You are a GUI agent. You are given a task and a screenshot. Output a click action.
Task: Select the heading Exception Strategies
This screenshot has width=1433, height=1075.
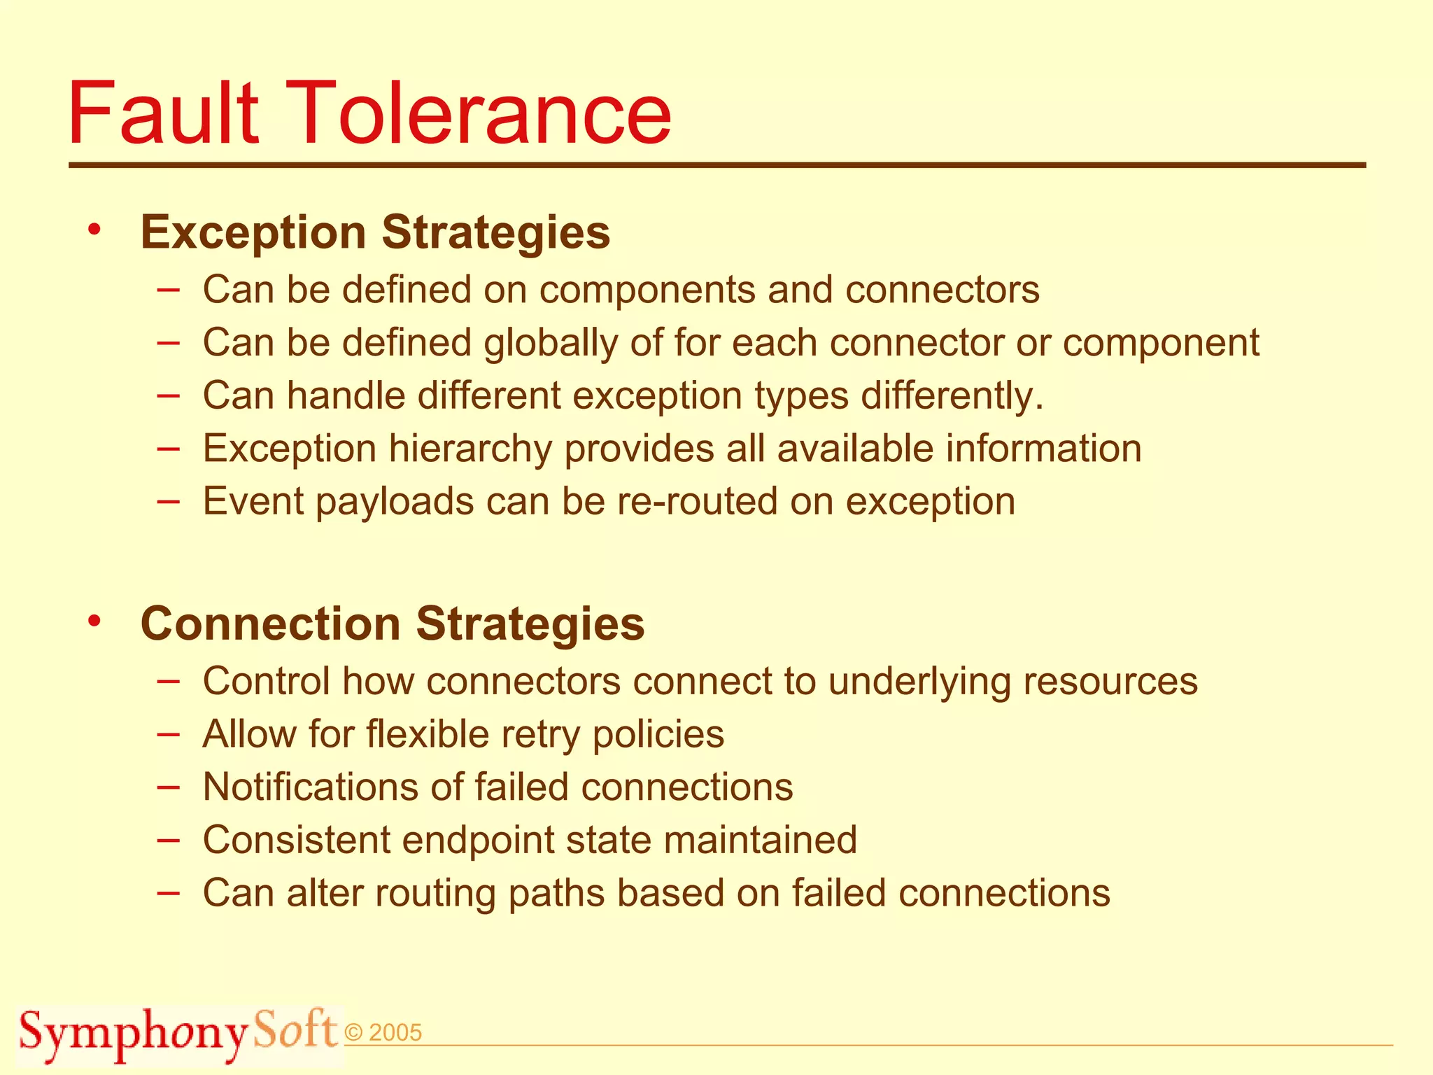375,232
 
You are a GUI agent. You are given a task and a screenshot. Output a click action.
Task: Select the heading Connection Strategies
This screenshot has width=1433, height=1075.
392,623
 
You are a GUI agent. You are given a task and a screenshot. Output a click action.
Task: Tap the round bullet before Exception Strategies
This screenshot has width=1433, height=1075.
95,230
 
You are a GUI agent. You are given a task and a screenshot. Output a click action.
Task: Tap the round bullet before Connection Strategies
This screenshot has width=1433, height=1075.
95,620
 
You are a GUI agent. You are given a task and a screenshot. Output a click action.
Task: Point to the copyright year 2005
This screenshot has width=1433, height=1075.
395,1033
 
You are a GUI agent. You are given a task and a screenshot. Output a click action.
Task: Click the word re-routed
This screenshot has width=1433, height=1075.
697,501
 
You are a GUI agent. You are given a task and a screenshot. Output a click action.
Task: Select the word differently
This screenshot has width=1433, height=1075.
952,396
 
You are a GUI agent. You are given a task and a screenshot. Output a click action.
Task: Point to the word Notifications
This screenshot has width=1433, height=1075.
311,787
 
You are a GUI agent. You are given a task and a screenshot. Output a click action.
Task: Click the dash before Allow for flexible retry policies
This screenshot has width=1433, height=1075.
168,734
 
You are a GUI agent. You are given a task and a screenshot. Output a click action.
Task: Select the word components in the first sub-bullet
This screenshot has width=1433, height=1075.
647,290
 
